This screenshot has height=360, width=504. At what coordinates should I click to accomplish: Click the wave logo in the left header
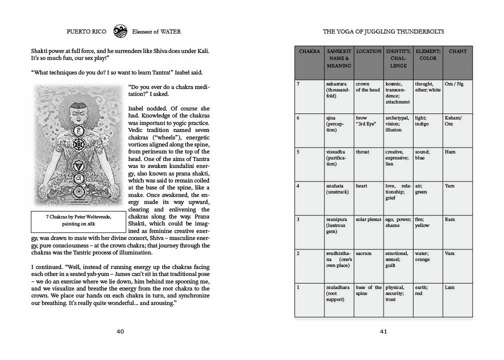pyautogui.click(x=120, y=31)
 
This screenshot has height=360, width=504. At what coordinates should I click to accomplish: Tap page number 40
pyautogui.click(x=120, y=331)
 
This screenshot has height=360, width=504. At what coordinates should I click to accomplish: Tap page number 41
pyautogui.click(x=383, y=331)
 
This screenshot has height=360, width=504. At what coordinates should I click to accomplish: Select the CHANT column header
pyautogui.click(x=457, y=51)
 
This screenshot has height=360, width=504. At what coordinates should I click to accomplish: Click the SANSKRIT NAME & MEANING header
pyautogui.click(x=338, y=58)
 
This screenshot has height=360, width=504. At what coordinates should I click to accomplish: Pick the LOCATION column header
pyautogui.click(x=368, y=51)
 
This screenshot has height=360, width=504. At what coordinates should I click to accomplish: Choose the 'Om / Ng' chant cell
pyautogui.click(x=453, y=84)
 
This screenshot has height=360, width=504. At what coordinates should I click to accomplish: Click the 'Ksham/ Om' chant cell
pyautogui.click(x=453, y=121)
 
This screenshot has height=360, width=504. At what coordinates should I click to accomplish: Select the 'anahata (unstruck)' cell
pyautogui.click(x=335, y=189)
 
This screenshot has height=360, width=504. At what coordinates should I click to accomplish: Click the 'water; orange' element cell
pyautogui.click(x=422, y=256)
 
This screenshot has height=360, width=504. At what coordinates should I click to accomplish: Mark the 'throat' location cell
pyautogui.click(x=362, y=152)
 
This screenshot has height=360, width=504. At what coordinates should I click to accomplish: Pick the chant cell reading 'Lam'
pyautogui.click(x=449, y=287)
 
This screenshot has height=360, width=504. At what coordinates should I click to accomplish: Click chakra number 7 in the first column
pyautogui.click(x=298, y=84)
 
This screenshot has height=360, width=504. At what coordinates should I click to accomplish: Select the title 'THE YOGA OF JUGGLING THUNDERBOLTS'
pyautogui.click(x=383, y=31)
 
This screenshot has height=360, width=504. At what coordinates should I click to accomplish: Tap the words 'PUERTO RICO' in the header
pyautogui.click(x=86, y=31)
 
